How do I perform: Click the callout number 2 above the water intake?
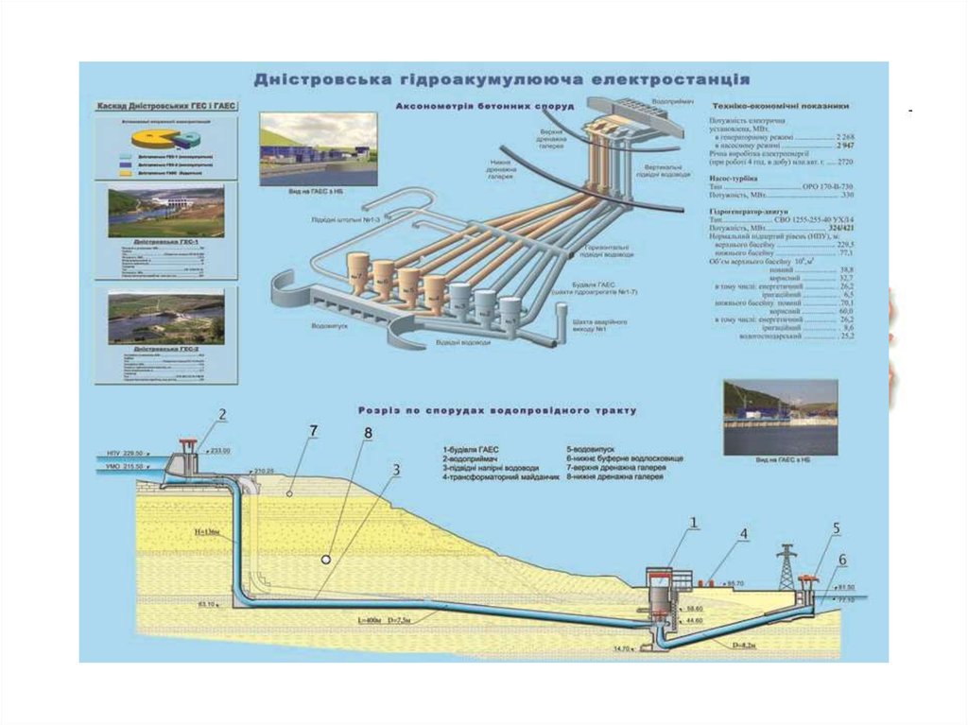pos(223,414)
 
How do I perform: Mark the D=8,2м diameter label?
pos(745,644)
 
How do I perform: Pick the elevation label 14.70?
pos(621,648)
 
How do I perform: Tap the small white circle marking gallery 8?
pos(326,559)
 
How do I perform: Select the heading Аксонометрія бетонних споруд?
pos(485,107)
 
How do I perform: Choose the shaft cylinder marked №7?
pos(359,269)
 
